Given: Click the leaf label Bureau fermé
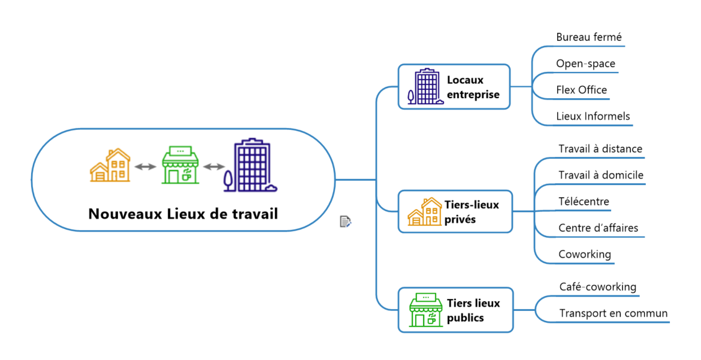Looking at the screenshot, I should click(589, 37).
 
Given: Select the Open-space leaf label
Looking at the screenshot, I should click(586, 63).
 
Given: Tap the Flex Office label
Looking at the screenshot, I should click(581, 90).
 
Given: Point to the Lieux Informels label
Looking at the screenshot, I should click(592, 116).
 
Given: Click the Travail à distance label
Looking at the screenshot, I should click(600, 149).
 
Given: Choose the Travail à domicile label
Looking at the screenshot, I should click(601, 175).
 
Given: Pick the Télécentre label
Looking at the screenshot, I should click(583, 201).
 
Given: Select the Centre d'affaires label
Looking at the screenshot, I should click(598, 228).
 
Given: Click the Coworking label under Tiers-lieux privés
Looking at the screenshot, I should click(584, 254).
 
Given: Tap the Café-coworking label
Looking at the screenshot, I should click(597, 287).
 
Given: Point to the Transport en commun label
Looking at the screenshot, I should click(613, 313).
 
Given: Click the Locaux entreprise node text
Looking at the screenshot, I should click(473, 87).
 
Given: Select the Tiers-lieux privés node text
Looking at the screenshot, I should click(471, 212).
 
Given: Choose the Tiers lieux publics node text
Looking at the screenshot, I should click(473, 310).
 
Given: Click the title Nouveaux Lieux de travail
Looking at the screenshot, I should click(183, 214).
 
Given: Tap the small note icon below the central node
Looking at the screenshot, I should click(346, 222).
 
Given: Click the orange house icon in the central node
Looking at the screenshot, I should click(110, 166).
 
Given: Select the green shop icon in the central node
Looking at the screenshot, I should click(180, 166).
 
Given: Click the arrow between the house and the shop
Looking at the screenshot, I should click(145, 166).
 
